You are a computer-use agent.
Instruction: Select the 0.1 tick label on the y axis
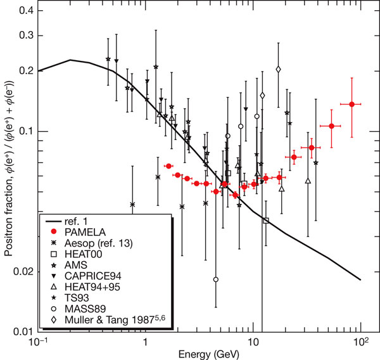point(24,131)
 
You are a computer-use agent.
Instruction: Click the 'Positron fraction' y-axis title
point(8,170)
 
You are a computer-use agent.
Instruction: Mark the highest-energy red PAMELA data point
point(351,104)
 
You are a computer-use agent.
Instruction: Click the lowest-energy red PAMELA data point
point(168,166)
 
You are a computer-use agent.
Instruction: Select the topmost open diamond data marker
point(279,69)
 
